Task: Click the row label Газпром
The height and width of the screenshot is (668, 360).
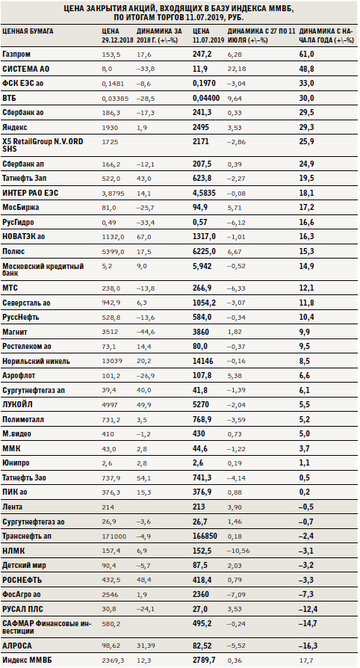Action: click(16, 54)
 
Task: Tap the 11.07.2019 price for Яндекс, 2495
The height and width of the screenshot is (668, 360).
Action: click(201, 127)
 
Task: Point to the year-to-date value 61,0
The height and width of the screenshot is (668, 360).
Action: click(307, 54)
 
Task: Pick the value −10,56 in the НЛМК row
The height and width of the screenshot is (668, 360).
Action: click(238, 551)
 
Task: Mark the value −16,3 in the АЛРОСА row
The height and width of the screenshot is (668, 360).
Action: click(308, 645)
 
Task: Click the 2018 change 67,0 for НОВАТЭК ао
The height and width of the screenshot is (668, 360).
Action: click(143, 237)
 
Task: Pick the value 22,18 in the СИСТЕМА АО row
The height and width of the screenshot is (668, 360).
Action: click(236, 69)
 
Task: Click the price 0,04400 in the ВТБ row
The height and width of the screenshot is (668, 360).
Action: click(206, 98)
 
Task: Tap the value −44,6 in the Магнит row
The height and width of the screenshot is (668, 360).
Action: click(144, 333)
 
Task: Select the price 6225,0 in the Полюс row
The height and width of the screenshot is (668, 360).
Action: click(204, 251)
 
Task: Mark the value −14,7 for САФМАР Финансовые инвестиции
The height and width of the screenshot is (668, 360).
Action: click(308, 623)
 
